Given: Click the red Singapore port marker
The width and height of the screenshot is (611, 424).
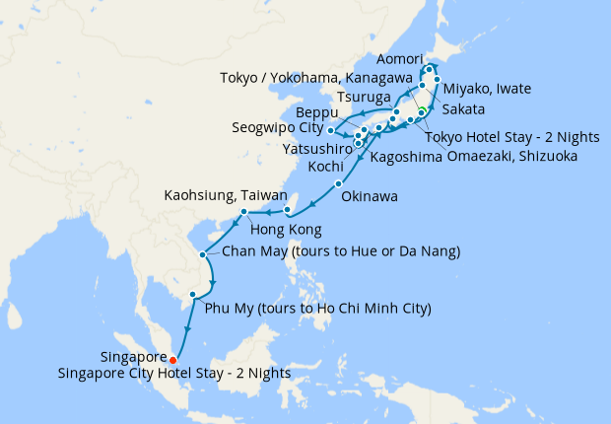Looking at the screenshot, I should (173, 359).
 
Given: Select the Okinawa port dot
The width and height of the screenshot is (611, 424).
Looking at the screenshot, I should (338, 184).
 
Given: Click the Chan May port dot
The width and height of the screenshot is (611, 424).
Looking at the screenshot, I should (204, 254).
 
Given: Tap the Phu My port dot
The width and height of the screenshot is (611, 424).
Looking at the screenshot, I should (192, 294).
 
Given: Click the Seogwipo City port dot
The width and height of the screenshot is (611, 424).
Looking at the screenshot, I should (331, 130).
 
